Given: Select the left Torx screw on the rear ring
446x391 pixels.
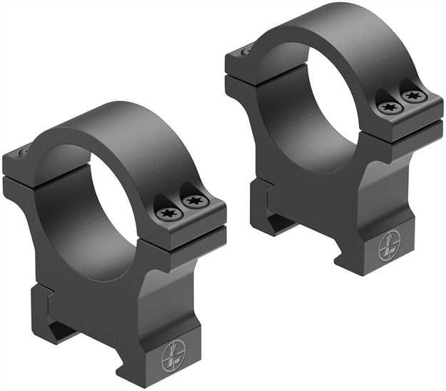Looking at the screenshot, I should [x=389, y=107].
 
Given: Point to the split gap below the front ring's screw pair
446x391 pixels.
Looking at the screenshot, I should [x=189, y=229].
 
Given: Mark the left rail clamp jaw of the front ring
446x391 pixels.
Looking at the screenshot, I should [x=43, y=300].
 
